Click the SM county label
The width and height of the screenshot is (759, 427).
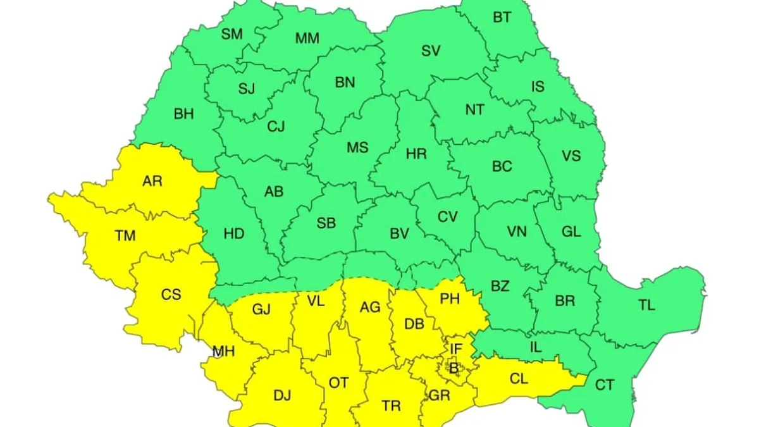coord(232,34)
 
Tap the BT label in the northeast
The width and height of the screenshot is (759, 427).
coord(502,18)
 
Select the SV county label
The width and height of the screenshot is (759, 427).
coord(431,51)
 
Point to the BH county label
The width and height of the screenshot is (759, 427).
coord(183,114)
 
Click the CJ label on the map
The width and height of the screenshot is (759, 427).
coord(276,127)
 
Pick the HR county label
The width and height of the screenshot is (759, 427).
coord(416,153)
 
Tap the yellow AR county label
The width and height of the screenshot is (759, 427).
coord(152,182)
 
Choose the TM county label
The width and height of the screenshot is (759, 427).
coord(125,236)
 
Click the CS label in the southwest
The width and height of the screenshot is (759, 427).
coord(171,294)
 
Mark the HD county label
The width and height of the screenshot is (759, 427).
coord(234,234)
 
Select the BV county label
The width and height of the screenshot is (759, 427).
coord(398,234)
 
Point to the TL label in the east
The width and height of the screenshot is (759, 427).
coord(646,305)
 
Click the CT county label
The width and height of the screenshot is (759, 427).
coord(605,385)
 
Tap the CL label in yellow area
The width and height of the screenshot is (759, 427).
coord(518,379)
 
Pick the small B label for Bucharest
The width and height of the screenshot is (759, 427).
coord(453,366)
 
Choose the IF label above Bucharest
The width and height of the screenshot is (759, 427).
coord(456,347)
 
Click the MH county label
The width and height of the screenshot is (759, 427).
coord(224,351)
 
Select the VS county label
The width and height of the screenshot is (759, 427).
coord(571,156)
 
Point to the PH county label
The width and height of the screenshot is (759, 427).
coord(449,299)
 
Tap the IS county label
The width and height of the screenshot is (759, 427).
coord(538,87)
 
